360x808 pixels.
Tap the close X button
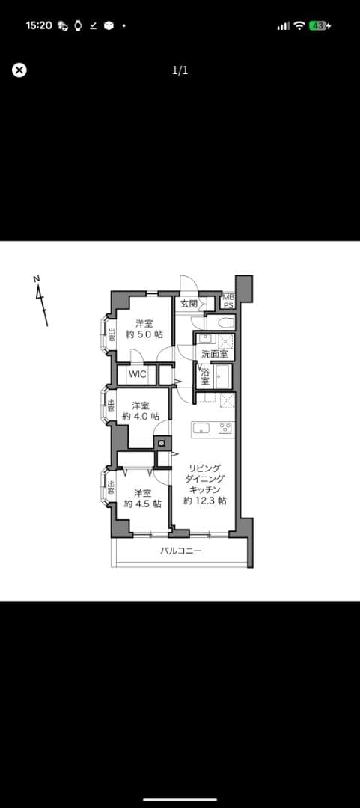19,70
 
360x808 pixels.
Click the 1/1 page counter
180,70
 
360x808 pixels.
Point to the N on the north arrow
37,279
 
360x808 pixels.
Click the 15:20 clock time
39,25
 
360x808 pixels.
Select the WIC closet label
137,374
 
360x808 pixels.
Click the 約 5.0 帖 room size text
144,334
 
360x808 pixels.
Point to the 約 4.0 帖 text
140,417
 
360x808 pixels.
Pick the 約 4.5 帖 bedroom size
142,504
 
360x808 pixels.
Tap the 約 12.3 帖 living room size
205,501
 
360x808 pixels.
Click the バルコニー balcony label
180,551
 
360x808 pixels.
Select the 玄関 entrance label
189,304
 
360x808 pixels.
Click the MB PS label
228,301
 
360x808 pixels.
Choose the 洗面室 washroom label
215,354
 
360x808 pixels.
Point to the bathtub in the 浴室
224,375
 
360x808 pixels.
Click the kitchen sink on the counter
200,428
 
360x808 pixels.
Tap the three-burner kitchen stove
225,428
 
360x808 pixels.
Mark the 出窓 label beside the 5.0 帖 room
112,335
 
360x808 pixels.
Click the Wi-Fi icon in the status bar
299,25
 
